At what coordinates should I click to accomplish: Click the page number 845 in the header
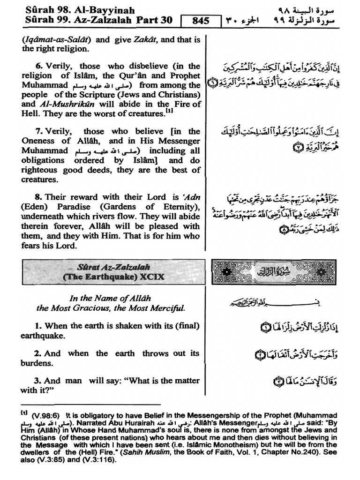click(200, 21)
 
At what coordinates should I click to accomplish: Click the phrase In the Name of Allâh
click(111, 298)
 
